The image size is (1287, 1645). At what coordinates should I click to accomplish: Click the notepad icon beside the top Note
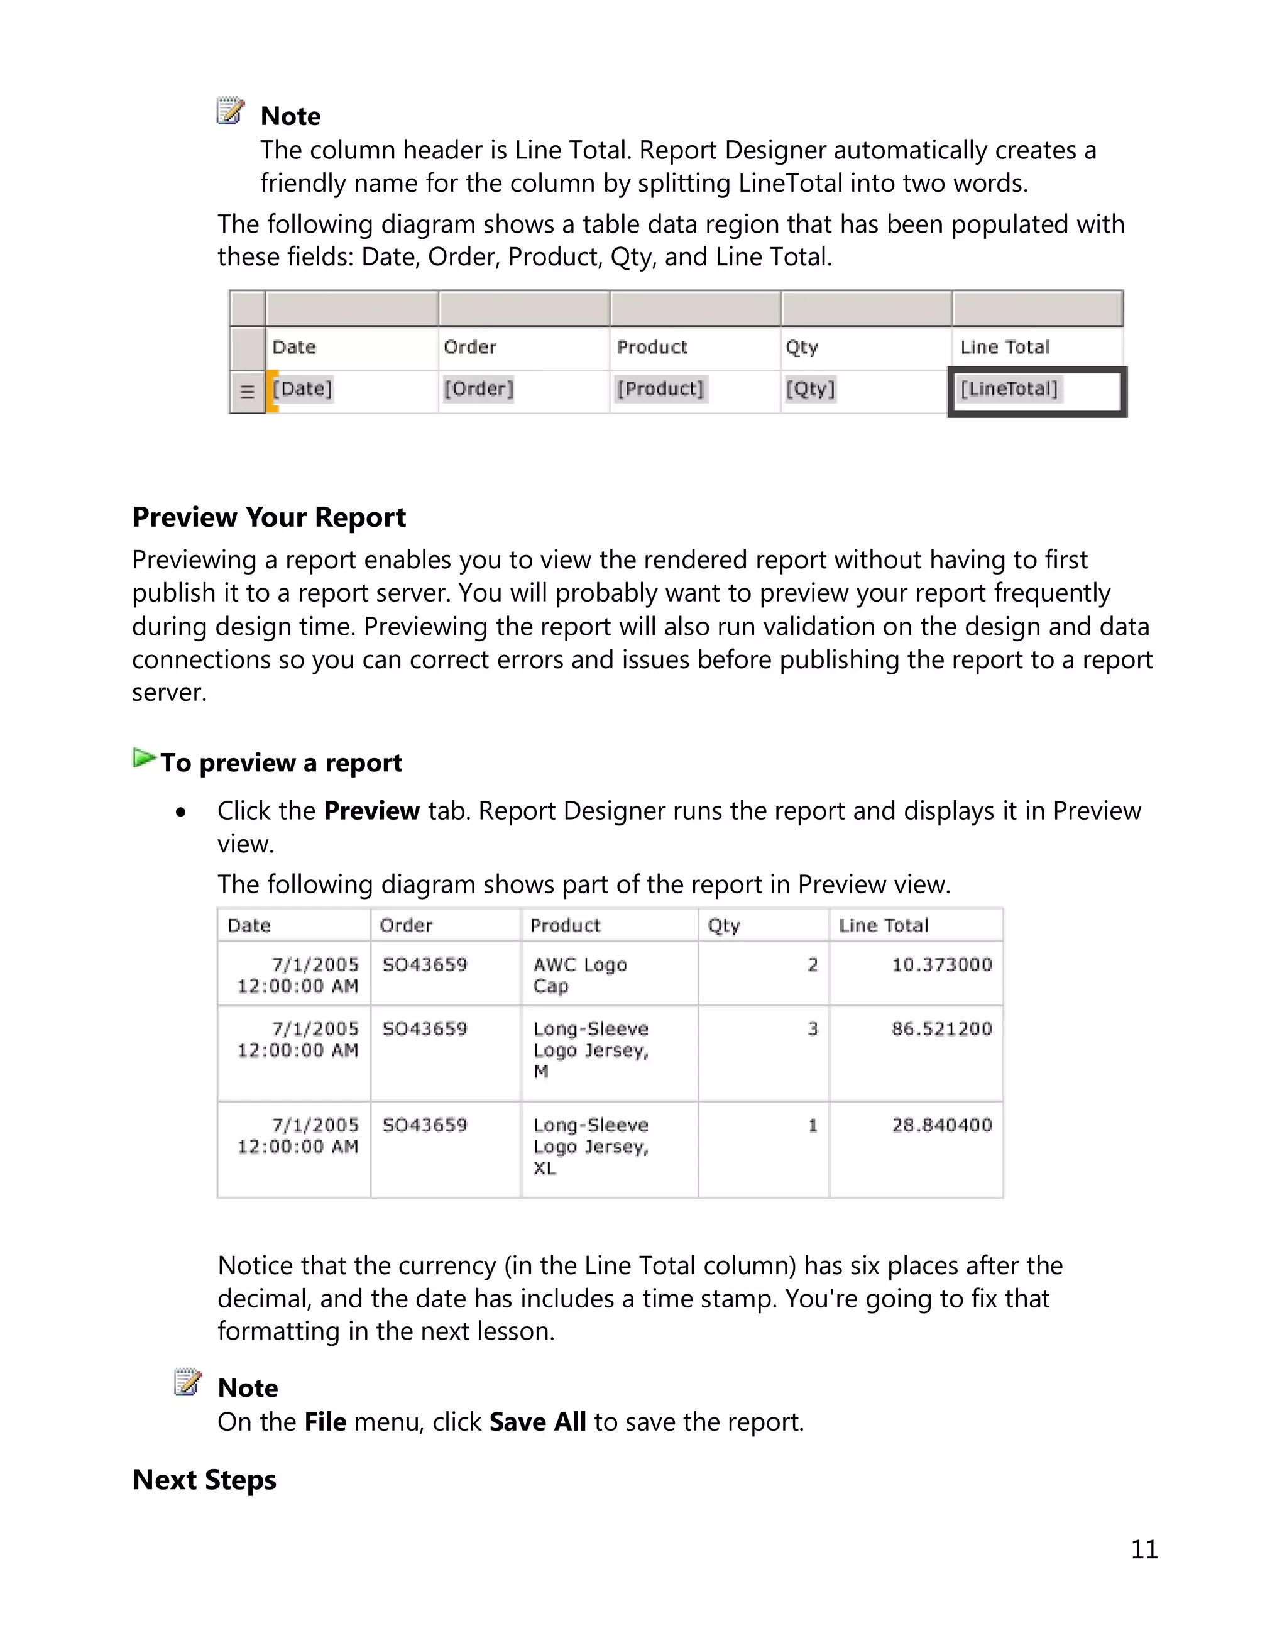[231, 111]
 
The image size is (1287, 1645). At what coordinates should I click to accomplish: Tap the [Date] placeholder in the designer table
[302, 389]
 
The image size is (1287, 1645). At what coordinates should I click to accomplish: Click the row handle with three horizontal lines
[247, 392]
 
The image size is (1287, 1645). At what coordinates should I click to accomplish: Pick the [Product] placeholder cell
[660, 389]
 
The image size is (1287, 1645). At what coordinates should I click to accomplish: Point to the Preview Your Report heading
[269, 518]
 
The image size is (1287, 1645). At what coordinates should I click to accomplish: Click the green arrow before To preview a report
[143, 758]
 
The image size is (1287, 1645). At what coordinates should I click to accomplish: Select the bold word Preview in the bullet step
[371, 811]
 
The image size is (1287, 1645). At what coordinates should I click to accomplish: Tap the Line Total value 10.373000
[941, 964]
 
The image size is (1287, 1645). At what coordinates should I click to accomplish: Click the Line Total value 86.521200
[941, 1028]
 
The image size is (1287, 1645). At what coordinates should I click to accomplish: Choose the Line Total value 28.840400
[941, 1125]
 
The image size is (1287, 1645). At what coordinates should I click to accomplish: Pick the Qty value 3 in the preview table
[813, 1028]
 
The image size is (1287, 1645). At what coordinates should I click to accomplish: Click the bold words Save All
[537, 1422]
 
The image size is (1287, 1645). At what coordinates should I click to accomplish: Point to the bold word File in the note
[325, 1422]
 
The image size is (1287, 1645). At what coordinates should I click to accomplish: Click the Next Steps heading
[204, 1480]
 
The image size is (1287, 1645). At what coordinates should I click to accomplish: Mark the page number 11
[1144, 1549]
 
